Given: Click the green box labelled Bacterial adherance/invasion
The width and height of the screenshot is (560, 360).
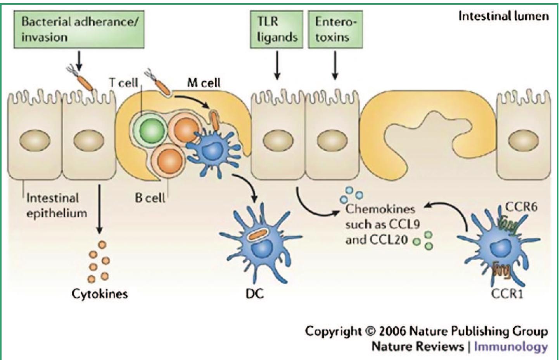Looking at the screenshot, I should click(79, 29).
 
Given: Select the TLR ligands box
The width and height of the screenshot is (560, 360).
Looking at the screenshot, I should click(277, 29).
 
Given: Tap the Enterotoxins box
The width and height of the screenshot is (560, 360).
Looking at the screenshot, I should click(335, 29).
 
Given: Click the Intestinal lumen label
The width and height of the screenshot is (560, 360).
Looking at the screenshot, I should click(503, 16).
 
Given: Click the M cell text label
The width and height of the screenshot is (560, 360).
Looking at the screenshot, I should click(204, 83).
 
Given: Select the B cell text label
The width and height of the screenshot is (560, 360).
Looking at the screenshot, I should click(150, 198).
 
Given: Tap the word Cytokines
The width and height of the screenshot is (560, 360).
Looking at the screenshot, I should click(100, 294).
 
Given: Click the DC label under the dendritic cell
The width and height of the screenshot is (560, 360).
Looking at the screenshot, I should click(254, 294).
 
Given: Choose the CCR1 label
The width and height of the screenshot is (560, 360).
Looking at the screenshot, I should click(507, 294).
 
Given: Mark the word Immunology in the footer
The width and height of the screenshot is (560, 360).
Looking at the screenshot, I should click(511, 346).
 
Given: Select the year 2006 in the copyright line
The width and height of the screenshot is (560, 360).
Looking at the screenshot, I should click(392, 331).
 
